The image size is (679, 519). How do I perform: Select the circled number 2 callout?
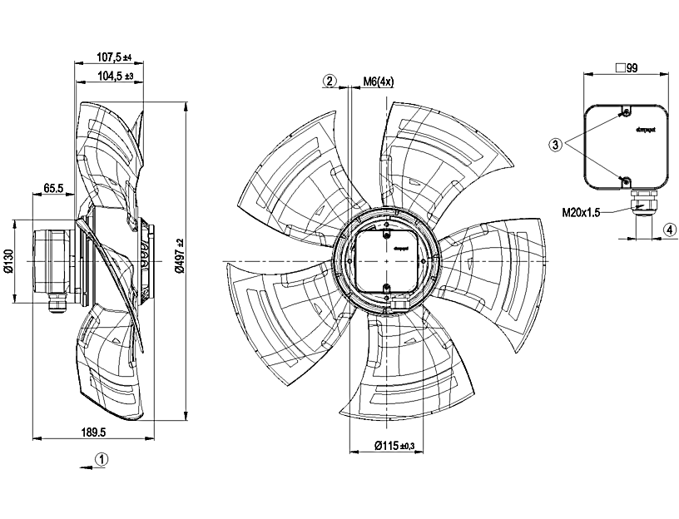pos(331,81)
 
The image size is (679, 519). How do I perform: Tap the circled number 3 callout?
pos(555,143)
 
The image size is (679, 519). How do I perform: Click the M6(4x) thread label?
pos(379,82)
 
